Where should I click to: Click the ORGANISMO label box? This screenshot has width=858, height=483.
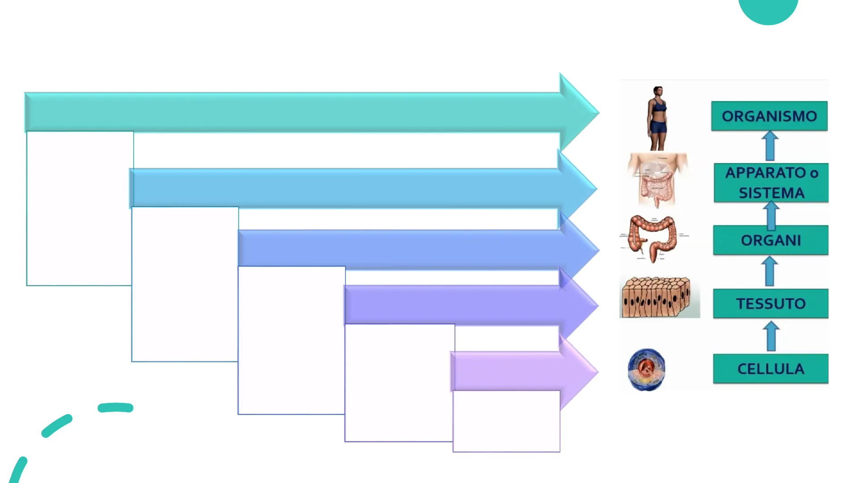click(x=769, y=116)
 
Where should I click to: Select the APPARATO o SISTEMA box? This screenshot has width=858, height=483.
click(x=771, y=182)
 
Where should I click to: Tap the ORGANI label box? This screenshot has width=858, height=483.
click(x=770, y=240)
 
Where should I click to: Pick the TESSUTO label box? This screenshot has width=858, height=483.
click(x=770, y=304)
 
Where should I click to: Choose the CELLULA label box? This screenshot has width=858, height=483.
click(x=770, y=369)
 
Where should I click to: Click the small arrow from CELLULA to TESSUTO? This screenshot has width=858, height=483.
click(x=771, y=336)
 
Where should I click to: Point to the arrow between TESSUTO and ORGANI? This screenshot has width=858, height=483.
click(x=770, y=271)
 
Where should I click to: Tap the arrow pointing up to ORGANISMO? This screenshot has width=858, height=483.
click(x=770, y=146)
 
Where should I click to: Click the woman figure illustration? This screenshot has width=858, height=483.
click(x=657, y=118)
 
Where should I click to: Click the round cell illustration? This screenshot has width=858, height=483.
click(x=646, y=369)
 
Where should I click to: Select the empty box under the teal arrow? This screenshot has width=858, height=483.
click(x=80, y=208)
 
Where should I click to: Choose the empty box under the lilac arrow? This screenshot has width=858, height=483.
click(x=506, y=421)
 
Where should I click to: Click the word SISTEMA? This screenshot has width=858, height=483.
click(x=771, y=193)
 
